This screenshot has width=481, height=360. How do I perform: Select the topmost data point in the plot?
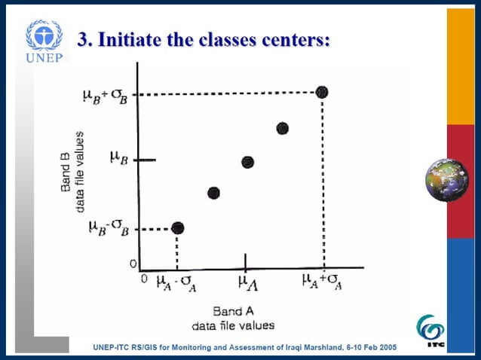(322, 92)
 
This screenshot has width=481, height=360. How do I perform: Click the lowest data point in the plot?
(177, 227)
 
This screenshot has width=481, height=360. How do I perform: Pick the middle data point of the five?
(247, 162)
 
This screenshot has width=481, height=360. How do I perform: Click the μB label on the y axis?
(118, 159)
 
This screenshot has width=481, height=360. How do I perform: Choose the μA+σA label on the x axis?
(323, 282)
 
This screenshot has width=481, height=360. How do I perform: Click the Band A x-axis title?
(228, 311)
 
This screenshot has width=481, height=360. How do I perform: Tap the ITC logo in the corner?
(430, 331)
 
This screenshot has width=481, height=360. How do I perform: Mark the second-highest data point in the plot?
(283, 128)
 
